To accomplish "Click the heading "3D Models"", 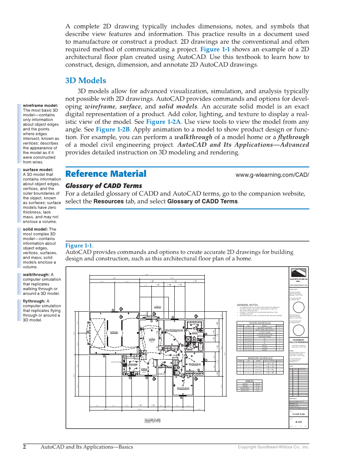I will (86, 81).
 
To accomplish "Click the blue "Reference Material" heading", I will (106, 174).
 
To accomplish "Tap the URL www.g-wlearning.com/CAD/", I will (272, 175).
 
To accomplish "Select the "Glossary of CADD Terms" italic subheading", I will (103, 186).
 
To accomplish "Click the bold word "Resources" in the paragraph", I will (108, 201).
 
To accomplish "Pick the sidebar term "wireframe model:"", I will (40, 106).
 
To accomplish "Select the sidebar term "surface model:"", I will (38, 170).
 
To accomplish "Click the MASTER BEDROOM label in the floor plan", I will (173, 330).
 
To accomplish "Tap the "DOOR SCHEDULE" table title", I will (260, 323).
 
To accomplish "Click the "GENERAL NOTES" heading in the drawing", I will (247, 305).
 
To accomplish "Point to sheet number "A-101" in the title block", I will (299, 422).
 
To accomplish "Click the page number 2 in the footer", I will (25, 447).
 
